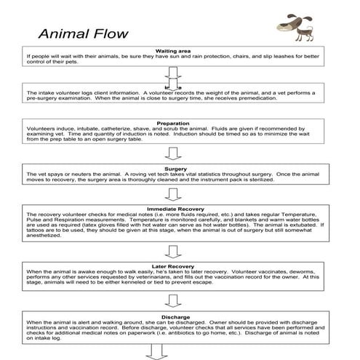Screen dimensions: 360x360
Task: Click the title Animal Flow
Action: tap(83, 33)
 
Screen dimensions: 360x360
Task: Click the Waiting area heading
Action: tap(173, 51)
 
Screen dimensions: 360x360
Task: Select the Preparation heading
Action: tap(173, 123)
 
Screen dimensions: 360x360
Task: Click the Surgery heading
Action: tap(173, 169)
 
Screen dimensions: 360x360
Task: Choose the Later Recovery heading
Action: tap(173, 265)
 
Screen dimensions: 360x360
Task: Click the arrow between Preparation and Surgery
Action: tap(173, 152)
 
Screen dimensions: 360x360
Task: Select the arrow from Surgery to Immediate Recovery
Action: tap(173, 193)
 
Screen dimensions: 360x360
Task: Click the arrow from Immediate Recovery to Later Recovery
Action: tap(173, 251)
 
